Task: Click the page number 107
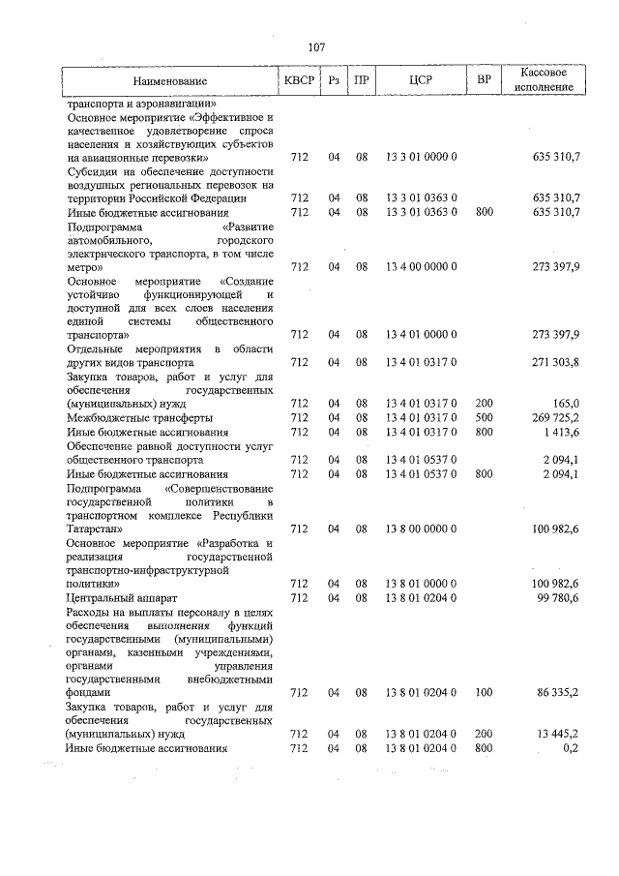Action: pyautogui.click(x=315, y=47)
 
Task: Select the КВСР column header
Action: pyautogui.click(x=299, y=81)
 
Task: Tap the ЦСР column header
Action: pyautogui.click(x=420, y=81)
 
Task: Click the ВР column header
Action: pyautogui.click(x=484, y=81)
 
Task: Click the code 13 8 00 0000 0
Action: pyautogui.click(x=421, y=529)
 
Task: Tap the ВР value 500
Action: pyautogui.click(x=484, y=417)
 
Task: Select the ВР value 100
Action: pyautogui.click(x=484, y=693)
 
